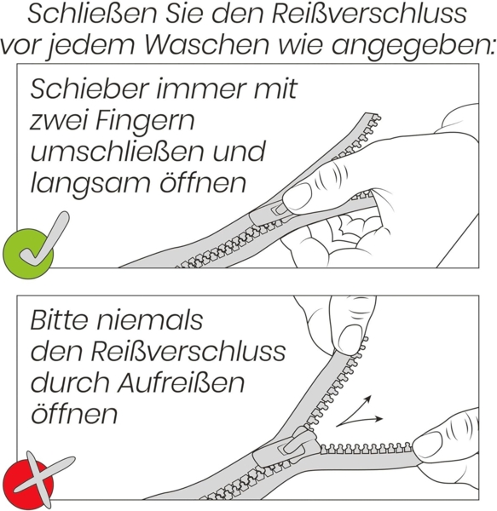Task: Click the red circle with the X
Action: click(27, 481)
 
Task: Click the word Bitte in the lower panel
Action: click(64, 320)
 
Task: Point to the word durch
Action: click(69, 382)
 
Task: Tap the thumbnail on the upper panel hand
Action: click(299, 198)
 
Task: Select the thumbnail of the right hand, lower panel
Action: click(426, 444)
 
